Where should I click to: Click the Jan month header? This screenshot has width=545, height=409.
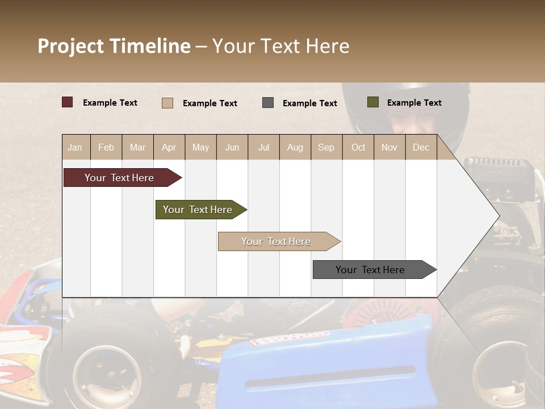click(75, 147)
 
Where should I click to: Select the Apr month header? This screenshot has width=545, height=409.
click(169, 147)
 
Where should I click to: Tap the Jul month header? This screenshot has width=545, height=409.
click(263, 147)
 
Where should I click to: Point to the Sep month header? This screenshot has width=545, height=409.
click(326, 147)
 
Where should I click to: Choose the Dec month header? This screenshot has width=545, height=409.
click(421, 147)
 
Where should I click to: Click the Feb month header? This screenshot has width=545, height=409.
click(106, 147)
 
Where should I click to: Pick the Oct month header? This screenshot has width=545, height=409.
click(358, 147)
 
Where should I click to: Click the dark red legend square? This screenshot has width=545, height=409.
click(68, 102)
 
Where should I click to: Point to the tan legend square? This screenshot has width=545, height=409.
click(167, 103)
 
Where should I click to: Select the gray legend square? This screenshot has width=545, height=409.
click(268, 102)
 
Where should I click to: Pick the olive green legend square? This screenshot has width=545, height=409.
click(373, 102)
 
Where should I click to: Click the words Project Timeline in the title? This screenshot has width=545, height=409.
click(114, 46)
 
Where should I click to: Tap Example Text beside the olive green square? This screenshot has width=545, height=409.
click(414, 103)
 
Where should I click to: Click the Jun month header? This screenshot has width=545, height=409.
click(232, 147)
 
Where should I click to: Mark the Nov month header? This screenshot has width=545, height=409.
click(389, 147)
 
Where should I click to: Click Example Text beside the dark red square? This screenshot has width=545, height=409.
click(110, 103)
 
